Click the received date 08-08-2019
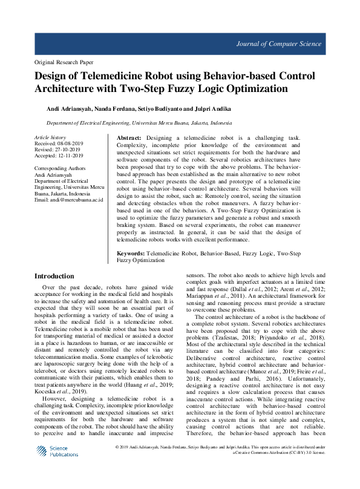[73, 144]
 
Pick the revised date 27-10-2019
[71, 149]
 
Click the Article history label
[50, 138]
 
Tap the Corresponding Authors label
[60, 168]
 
